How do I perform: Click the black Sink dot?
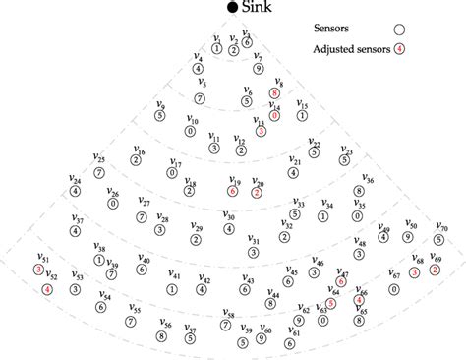coord(232,8)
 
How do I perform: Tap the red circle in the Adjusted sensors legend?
coord(398,48)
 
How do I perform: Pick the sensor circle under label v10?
coord(190,130)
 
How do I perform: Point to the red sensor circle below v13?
coord(261,131)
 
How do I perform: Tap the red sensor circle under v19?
coord(234,192)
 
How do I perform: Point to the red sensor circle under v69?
coord(435,269)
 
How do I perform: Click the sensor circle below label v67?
coord(394,290)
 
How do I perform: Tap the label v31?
coord(253,240)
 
